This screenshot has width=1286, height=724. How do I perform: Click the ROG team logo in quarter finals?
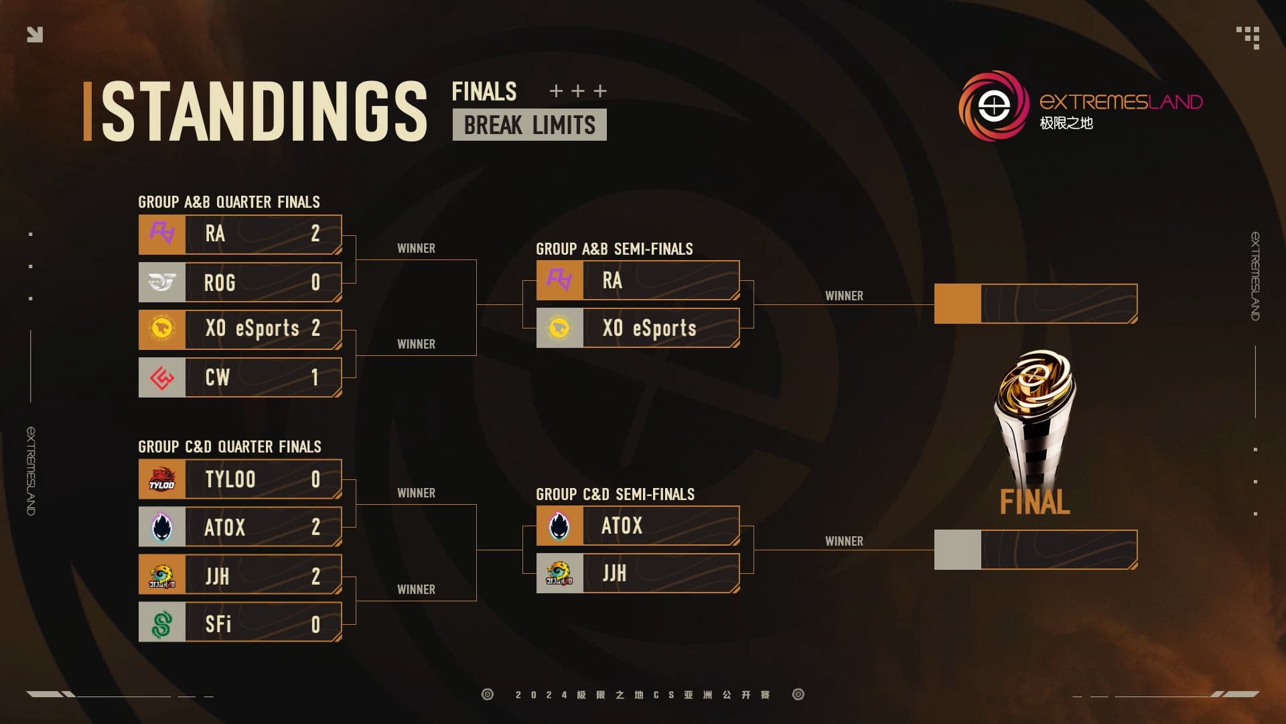(x=161, y=282)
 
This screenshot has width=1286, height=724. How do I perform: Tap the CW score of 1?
(x=315, y=377)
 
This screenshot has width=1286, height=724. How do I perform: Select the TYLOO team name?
(x=230, y=479)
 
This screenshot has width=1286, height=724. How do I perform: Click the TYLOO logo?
(x=161, y=479)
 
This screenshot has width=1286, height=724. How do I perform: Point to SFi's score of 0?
(x=315, y=625)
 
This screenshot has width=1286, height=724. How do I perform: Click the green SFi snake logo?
(x=161, y=623)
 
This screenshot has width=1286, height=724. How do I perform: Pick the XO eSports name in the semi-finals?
(x=649, y=328)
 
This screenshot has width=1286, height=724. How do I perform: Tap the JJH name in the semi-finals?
(x=614, y=573)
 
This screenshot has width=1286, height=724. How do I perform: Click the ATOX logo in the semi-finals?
(x=559, y=526)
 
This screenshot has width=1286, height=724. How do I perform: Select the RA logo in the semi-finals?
(x=559, y=280)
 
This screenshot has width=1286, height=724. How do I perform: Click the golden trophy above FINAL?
(x=1035, y=416)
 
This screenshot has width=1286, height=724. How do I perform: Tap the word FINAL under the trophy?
(x=1035, y=502)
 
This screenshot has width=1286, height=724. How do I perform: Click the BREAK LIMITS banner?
(x=529, y=125)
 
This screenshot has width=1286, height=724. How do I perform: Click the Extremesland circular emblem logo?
(x=994, y=106)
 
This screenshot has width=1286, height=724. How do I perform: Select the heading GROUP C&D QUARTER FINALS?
(x=229, y=446)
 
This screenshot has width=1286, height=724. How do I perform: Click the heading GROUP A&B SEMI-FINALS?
(x=614, y=249)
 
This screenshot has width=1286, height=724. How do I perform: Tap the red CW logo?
(x=161, y=377)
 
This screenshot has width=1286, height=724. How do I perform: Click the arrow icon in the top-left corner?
(x=35, y=34)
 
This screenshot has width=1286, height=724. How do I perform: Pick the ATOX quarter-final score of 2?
(x=315, y=527)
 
